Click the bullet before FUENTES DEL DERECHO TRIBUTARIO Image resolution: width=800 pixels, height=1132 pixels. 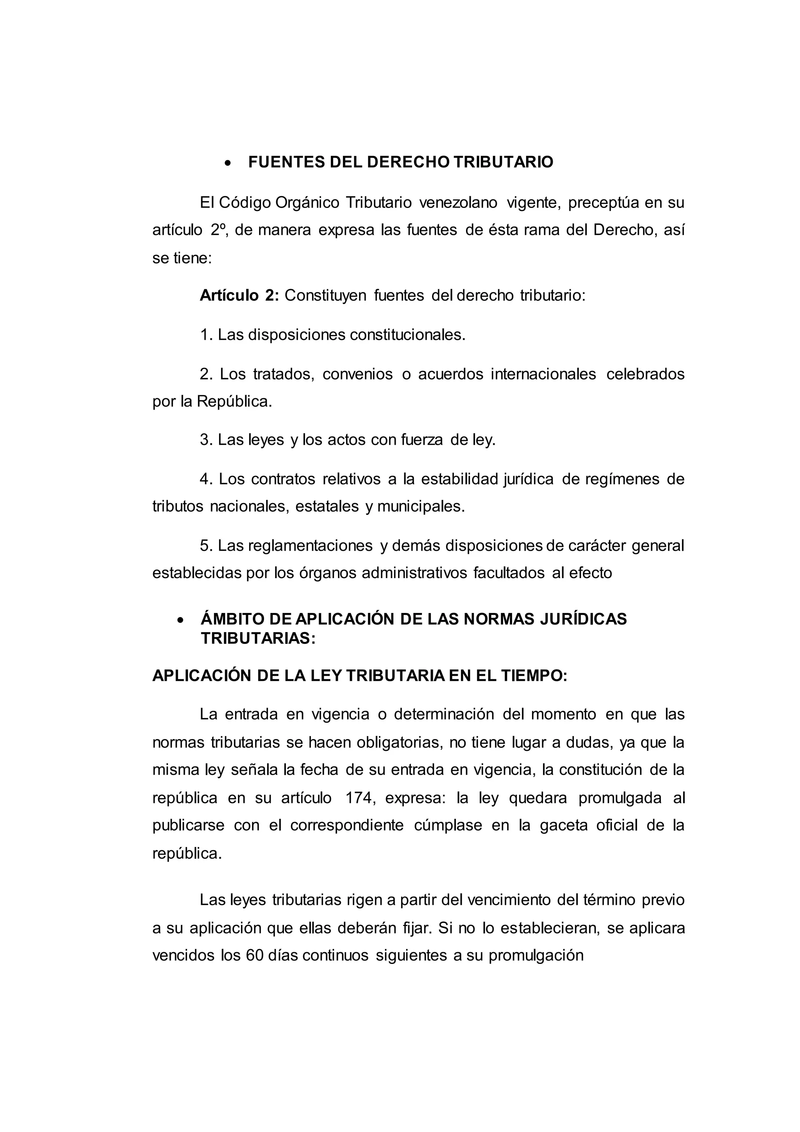point(228,163)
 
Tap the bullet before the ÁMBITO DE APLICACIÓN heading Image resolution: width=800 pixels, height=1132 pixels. point(180,620)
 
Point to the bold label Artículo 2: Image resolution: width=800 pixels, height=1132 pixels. point(239,296)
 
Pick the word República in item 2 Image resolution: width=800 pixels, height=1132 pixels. point(234,401)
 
